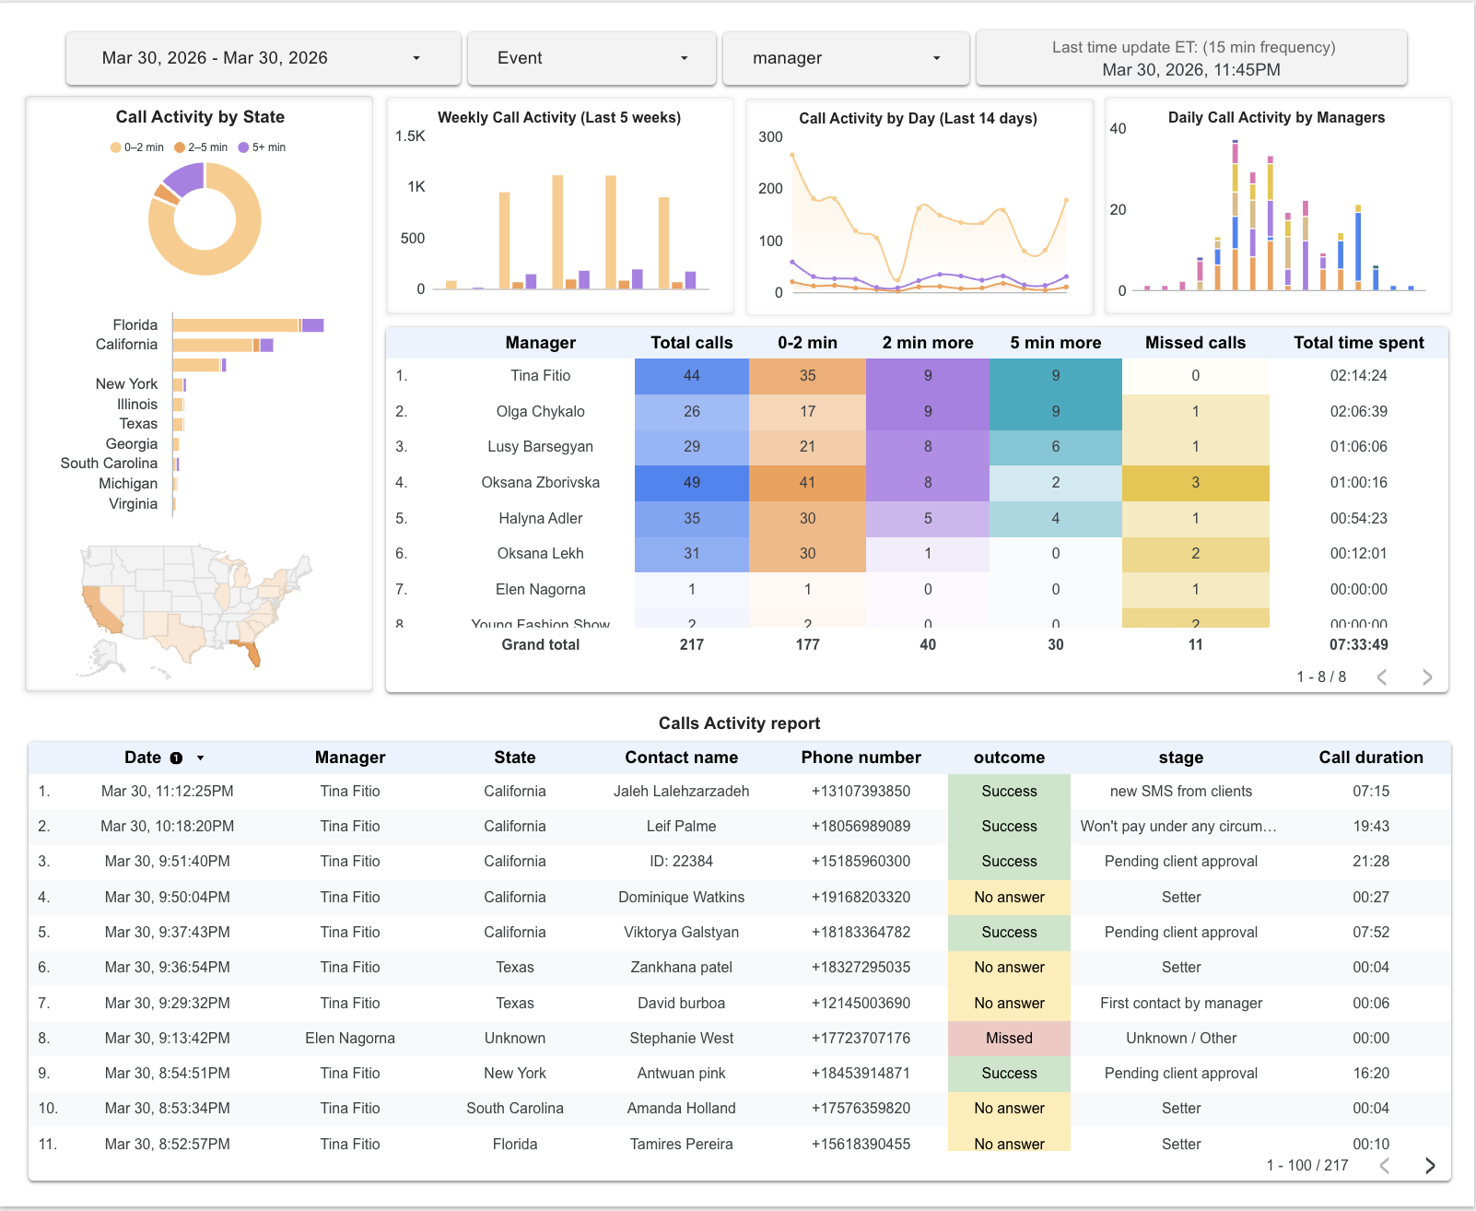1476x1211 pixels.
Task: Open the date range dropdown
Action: tap(263, 58)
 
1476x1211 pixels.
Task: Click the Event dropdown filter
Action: tap(592, 58)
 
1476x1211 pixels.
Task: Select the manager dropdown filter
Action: tap(846, 58)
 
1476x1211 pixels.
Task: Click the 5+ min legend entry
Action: tap(263, 147)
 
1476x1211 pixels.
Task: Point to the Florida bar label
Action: tap(135, 324)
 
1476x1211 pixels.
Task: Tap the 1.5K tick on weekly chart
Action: tap(410, 136)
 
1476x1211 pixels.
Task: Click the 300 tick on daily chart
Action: tap(770, 137)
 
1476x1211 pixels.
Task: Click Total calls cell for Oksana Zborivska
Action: tap(691, 482)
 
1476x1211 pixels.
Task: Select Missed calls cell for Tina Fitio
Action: tap(1195, 375)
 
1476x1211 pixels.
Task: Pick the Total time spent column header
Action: tap(1358, 343)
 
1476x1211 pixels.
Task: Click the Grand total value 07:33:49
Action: tap(1358, 644)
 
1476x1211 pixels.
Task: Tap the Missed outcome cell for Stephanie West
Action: tap(1009, 1038)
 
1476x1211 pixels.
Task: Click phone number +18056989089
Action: tap(861, 826)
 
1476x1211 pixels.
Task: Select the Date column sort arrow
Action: tap(200, 758)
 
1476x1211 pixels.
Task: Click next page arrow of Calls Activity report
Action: tap(1429, 1165)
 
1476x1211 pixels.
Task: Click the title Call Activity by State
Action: tap(200, 117)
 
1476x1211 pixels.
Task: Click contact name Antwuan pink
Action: tap(681, 1073)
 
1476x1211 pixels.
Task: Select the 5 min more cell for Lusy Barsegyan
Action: tap(1055, 446)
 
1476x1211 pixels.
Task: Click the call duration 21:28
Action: tap(1370, 861)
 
